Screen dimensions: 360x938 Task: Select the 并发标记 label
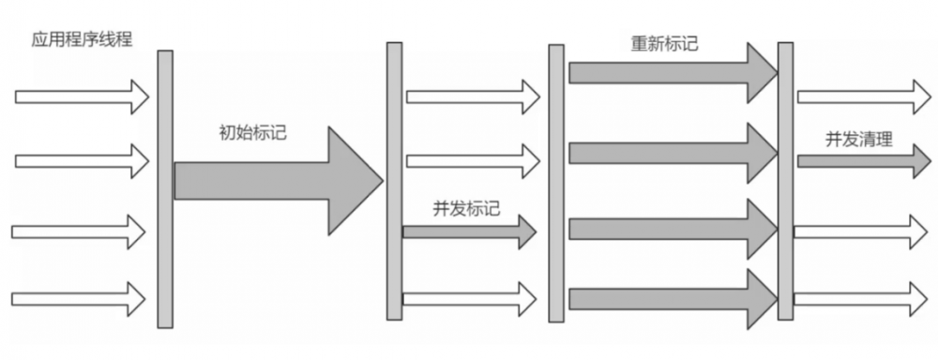point(465,208)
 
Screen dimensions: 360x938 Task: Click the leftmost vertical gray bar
point(165,187)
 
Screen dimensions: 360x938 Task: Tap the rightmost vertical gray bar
point(785,183)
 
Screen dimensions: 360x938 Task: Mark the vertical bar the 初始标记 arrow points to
point(394,183)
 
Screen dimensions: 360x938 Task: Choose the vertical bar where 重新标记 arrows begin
point(556,183)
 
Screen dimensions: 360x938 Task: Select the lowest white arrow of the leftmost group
point(79,299)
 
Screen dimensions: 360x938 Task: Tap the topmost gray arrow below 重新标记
point(671,71)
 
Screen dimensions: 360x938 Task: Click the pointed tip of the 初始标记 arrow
point(380,179)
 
